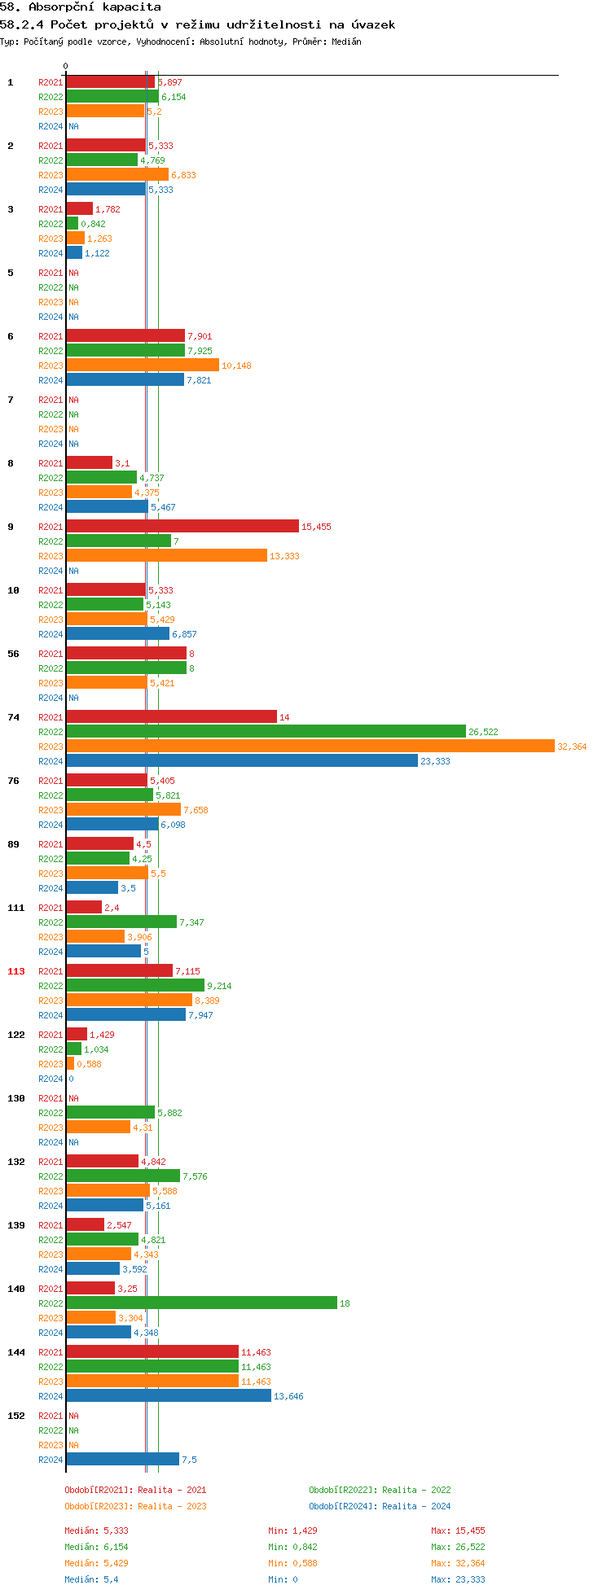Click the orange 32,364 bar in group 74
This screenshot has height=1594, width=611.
(310, 747)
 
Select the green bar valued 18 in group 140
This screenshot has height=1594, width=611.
(201, 1303)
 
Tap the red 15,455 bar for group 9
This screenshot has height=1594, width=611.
(182, 527)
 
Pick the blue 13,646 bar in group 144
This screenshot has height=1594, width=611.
(169, 1396)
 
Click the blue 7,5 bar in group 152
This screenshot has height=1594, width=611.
(122, 1460)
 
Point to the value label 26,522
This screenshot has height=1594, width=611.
(483, 732)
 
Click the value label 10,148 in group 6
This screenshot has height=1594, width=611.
(236, 366)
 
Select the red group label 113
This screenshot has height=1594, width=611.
(16, 971)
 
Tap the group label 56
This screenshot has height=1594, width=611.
(13, 654)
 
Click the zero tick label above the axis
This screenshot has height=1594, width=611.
(66, 67)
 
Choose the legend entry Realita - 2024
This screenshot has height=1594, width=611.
(380, 1506)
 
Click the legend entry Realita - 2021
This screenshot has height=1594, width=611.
(135, 1490)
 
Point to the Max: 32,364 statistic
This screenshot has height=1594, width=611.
(458, 1563)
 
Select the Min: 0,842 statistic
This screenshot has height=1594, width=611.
(293, 1547)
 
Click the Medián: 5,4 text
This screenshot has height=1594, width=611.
(91, 1579)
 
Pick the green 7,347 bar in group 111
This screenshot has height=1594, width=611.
(121, 922)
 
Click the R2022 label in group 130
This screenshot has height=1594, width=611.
(51, 1113)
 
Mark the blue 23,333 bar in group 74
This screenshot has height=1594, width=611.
(242, 761)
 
